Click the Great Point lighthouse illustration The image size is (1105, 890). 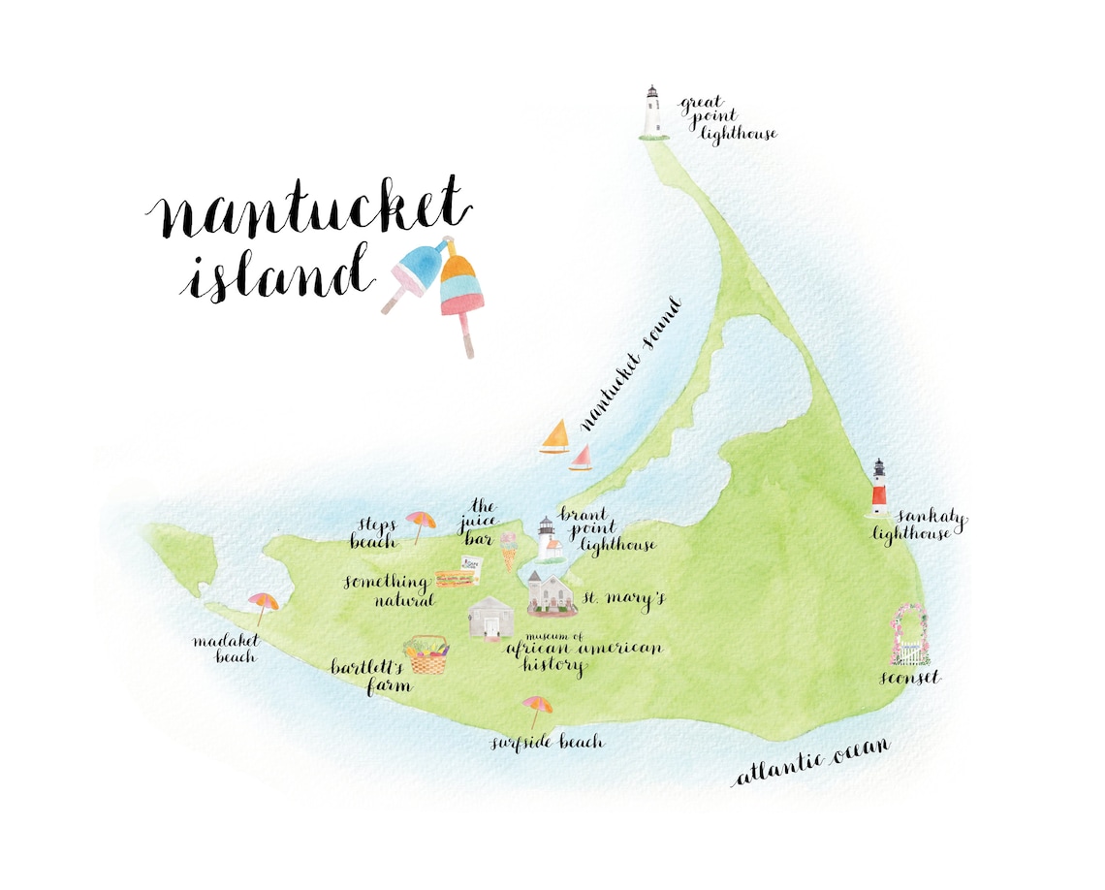pyautogui.click(x=652, y=111)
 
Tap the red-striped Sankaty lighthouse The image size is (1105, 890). pyautogui.click(x=878, y=487)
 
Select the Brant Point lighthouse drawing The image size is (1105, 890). pyautogui.click(x=548, y=540)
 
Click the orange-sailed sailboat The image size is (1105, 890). pyautogui.click(x=555, y=438)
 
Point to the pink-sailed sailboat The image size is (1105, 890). pyautogui.click(x=582, y=458)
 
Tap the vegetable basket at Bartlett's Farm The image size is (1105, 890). pyautogui.click(x=426, y=655)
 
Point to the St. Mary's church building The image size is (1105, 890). pyautogui.click(x=552, y=594)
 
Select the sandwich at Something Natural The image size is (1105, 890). pyautogui.click(x=456, y=578)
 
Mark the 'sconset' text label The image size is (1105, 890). pyautogui.click(x=909, y=678)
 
